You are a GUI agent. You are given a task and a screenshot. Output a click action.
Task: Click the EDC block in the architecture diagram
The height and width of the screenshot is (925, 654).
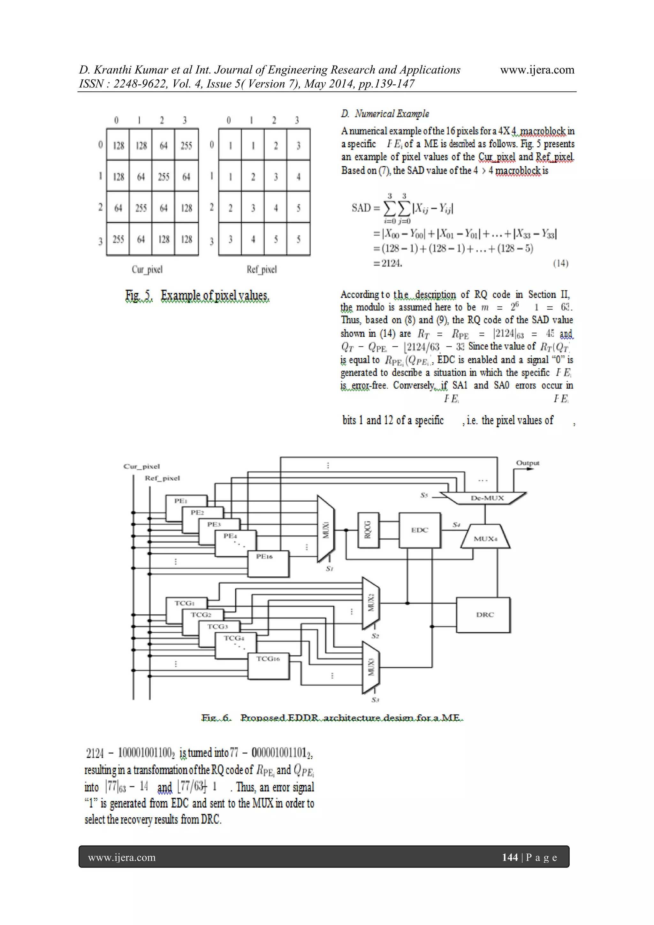click(420, 530)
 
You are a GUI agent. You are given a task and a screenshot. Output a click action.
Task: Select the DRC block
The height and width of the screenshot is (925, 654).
click(483, 615)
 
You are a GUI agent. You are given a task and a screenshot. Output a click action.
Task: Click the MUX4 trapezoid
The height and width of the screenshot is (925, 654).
click(485, 538)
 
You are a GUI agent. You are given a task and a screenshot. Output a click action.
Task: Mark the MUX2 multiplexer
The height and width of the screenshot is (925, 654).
click(371, 603)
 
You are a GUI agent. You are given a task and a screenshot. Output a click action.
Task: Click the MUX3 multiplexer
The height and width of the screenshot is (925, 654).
click(371, 667)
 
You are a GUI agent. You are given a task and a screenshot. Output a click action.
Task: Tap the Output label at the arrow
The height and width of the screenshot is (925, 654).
click(527, 463)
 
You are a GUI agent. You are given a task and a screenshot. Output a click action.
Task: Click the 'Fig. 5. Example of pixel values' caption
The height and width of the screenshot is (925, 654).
click(197, 296)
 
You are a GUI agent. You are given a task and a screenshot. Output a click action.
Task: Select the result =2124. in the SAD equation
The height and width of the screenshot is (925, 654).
click(388, 264)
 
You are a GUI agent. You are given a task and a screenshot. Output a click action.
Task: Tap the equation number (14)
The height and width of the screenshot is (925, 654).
click(560, 264)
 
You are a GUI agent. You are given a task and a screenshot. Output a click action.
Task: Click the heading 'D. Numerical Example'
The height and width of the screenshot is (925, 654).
click(385, 114)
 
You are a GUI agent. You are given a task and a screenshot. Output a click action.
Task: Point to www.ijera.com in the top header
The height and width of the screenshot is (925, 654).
click(537, 70)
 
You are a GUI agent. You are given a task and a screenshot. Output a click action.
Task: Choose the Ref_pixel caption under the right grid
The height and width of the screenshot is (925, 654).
click(262, 270)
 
